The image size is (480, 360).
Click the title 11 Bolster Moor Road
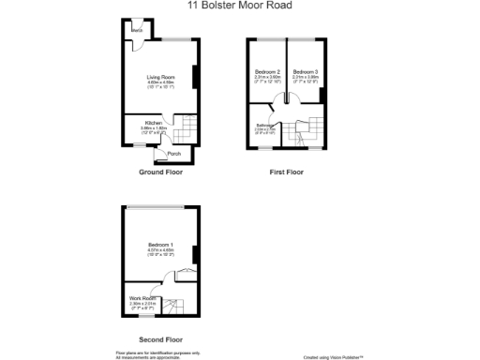pyautogui.click(x=239, y=5)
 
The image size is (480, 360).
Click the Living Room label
pyautogui.click(x=160, y=77)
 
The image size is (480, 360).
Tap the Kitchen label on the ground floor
pyautogui.click(x=153, y=122)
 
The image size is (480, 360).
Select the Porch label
pyautogui.click(x=173, y=154)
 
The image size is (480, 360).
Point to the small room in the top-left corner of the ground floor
pyautogui.click(x=137, y=31)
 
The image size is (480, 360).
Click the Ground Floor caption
pyautogui.click(x=160, y=172)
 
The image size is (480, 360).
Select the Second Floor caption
pyautogui.click(x=160, y=338)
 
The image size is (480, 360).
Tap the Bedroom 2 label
pyautogui.click(x=268, y=72)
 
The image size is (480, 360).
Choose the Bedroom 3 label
pyautogui.click(x=305, y=72)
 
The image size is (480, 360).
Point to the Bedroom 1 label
pyautogui.click(x=160, y=245)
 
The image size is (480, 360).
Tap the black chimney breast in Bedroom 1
pyautogui.click(x=195, y=253)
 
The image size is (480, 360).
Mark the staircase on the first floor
pyautogui.click(x=308, y=131)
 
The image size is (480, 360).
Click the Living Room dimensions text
pyautogui.click(x=160, y=83)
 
